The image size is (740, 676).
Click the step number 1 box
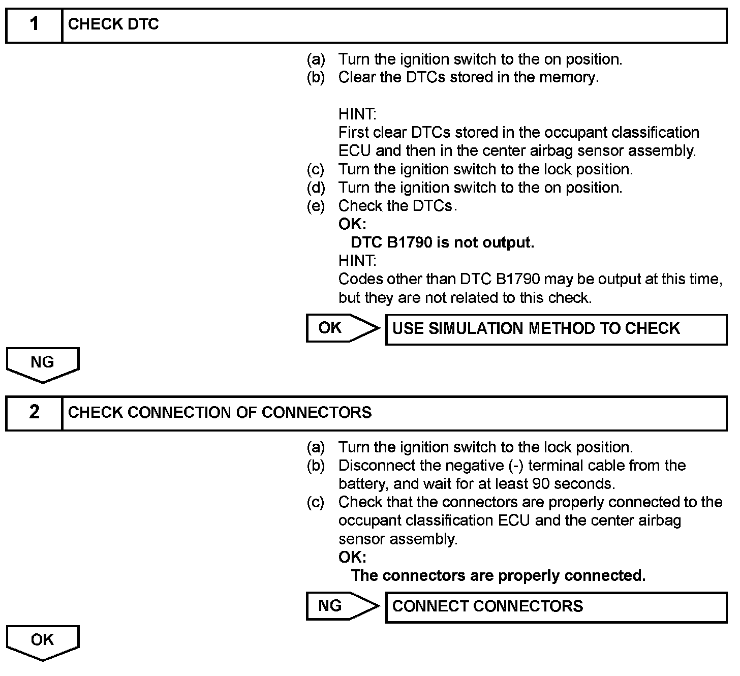34,24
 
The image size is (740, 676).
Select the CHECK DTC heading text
113,24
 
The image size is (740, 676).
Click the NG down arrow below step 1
43,364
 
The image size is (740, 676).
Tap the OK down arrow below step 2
43,642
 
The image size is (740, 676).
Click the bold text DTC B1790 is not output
442,242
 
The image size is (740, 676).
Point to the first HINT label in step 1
357,114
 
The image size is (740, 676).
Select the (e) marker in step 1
316,206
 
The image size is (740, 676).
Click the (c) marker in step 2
316,502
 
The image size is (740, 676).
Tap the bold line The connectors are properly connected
498,575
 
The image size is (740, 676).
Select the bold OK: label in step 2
352,557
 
